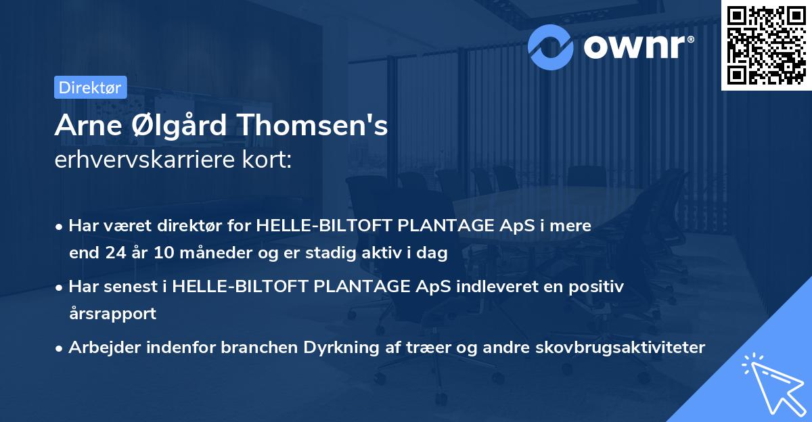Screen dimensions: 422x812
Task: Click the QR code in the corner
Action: tap(767, 45)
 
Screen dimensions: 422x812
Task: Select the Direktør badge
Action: tap(91, 87)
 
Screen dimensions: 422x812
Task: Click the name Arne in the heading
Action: tap(85, 126)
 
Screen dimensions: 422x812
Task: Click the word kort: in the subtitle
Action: tap(269, 160)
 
